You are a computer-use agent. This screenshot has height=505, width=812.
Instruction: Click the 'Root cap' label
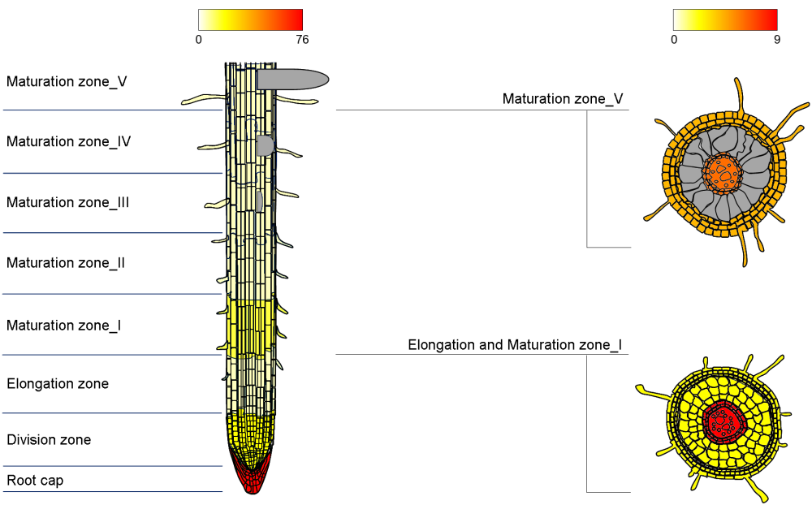[x=35, y=481]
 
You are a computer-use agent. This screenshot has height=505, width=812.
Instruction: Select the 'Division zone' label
[x=49, y=440]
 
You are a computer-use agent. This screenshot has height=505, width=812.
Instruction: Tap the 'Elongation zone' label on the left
[x=58, y=383]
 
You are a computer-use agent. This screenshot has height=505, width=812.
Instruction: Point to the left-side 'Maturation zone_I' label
[x=64, y=326]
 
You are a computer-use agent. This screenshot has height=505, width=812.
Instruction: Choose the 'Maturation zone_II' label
[x=66, y=263]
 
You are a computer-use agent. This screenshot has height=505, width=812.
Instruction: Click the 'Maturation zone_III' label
[x=68, y=202]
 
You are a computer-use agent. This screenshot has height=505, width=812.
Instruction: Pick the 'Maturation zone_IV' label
[x=69, y=141]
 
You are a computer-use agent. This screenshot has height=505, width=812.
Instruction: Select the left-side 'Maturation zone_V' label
[x=67, y=81]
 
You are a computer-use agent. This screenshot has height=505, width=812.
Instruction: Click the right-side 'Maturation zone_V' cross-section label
[x=563, y=99]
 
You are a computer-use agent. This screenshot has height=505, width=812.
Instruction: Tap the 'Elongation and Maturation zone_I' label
[x=515, y=345]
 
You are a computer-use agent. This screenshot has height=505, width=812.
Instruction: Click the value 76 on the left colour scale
[x=302, y=39]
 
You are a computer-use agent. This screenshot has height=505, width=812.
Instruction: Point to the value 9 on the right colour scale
[x=777, y=39]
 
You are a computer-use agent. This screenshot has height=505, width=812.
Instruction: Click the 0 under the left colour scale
[x=199, y=39]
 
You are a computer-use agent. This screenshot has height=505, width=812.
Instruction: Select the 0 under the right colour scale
[x=674, y=39]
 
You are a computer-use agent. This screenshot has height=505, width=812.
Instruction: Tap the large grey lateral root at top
[x=292, y=79]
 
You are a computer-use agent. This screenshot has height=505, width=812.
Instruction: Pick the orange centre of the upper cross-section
[x=721, y=171]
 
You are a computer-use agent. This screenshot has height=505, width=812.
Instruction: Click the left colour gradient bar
[x=250, y=19]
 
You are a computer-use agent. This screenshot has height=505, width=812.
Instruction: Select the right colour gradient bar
[x=725, y=19]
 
